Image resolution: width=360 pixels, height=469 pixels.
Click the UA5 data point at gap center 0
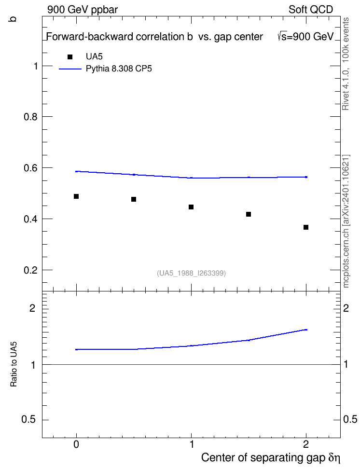pos(76,196)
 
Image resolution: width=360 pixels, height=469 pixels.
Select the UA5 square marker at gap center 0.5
pos(134,199)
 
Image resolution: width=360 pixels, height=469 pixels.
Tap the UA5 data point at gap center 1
pos(191,207)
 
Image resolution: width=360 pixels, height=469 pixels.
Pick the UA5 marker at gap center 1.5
pos(249,214)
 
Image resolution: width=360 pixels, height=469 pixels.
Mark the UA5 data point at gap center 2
pos(306,227)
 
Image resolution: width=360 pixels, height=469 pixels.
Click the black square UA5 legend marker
pos(70,57)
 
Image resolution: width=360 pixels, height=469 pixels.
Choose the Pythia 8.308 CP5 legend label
pos(119,69)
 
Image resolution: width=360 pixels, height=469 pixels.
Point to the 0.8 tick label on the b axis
pos(30,117)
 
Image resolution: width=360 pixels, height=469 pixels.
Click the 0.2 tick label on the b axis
pos(30,270)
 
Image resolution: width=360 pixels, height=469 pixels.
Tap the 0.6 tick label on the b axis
pos(30,168)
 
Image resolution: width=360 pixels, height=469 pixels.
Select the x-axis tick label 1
pos(192,444)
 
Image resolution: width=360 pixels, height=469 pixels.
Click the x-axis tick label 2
pos(306,444)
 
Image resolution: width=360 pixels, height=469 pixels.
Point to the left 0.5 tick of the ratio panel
pos(29,420)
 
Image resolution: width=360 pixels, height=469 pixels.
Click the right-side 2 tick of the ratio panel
pos(346,308)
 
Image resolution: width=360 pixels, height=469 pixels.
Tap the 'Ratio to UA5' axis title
pos(14,364)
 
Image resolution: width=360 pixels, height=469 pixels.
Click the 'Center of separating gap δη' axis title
pos(271,457)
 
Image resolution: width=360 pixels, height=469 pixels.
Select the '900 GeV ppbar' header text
pos(83,10)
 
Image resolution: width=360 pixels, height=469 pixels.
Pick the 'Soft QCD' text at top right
pos(311,9)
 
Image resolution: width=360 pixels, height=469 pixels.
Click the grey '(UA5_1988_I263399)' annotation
pos(191,273)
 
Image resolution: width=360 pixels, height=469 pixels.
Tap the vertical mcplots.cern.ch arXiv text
pos(346,221)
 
